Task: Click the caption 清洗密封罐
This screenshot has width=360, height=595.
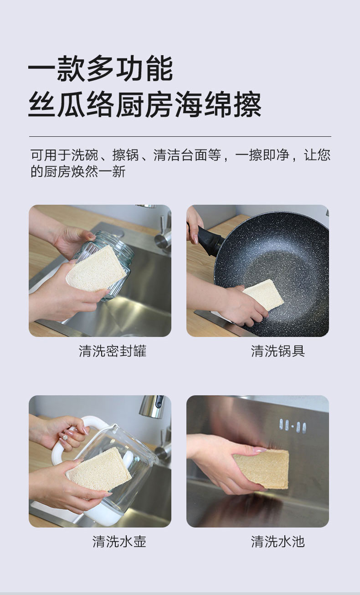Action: [x=113, y=351]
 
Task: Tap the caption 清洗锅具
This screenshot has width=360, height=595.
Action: [x=278, y=351]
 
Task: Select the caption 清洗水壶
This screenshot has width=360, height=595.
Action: [x=119, y=542]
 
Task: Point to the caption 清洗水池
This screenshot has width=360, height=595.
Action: [x=278, y=542]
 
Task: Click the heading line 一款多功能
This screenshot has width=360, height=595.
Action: [x=100, y=68]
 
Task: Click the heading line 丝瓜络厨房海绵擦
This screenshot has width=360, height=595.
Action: [x=145, y=104]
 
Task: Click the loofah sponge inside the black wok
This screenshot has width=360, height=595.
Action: [x=263, y=294]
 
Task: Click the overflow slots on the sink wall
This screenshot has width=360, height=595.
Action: [x=293, y=426]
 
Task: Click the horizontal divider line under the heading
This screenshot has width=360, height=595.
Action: [x=180, y=136]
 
